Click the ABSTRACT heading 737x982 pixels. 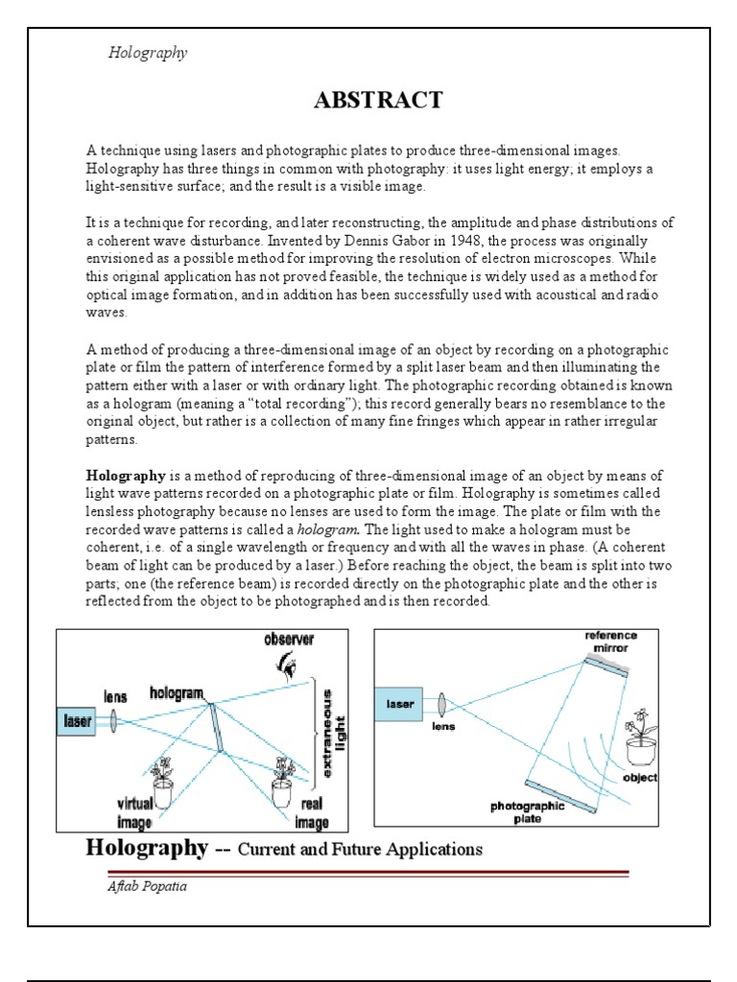point(378,100)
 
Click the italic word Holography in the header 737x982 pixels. point(147,53)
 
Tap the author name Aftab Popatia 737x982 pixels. point(147,886)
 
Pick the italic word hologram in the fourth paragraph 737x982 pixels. point(327,529)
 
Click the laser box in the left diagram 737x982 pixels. point(78,719)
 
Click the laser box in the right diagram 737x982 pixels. point(400,705)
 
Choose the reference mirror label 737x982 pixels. point(610,642)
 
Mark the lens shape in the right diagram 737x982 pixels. point(442,706)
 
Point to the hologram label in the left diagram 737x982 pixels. point(177,691)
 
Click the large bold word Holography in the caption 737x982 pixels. point(147,847)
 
